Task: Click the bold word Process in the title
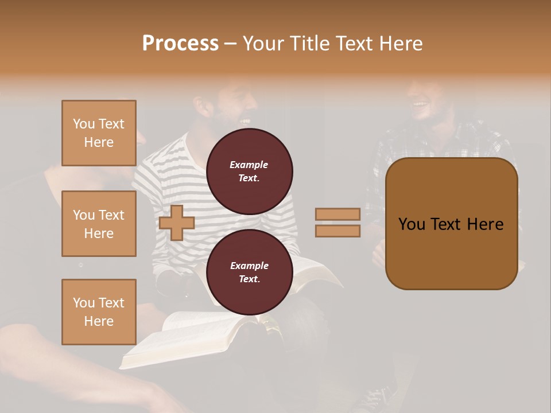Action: click(180, 44)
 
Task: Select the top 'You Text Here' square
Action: click(99, 133)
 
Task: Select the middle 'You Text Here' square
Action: click(99, 224)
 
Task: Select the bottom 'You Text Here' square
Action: click(99, 312)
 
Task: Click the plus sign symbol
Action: click(176, 223)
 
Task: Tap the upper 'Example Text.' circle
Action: click(249, 172)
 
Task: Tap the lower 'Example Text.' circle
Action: click(249, 272)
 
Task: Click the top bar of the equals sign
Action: click(337, 214)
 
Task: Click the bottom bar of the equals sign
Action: click(337, 231)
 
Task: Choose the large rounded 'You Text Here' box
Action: click(451, 224)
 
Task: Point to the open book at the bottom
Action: click(189, 338)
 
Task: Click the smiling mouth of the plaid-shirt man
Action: click(420, 105)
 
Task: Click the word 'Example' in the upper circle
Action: click(249, 165)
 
